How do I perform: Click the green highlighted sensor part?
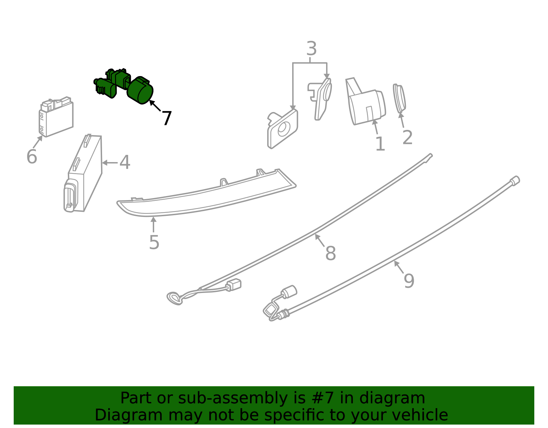(140, 90)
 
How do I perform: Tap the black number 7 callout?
(166, 118)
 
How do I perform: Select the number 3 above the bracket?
(311, 49)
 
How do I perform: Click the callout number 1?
(380, 144)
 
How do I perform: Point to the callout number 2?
(407, 138)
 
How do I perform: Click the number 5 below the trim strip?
(154, 243)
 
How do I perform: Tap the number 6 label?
(32, 157)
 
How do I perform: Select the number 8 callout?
(331, 254)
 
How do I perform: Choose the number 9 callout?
(409, 281)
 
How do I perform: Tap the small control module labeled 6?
(56, 117)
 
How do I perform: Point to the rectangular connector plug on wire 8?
(234, 285)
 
